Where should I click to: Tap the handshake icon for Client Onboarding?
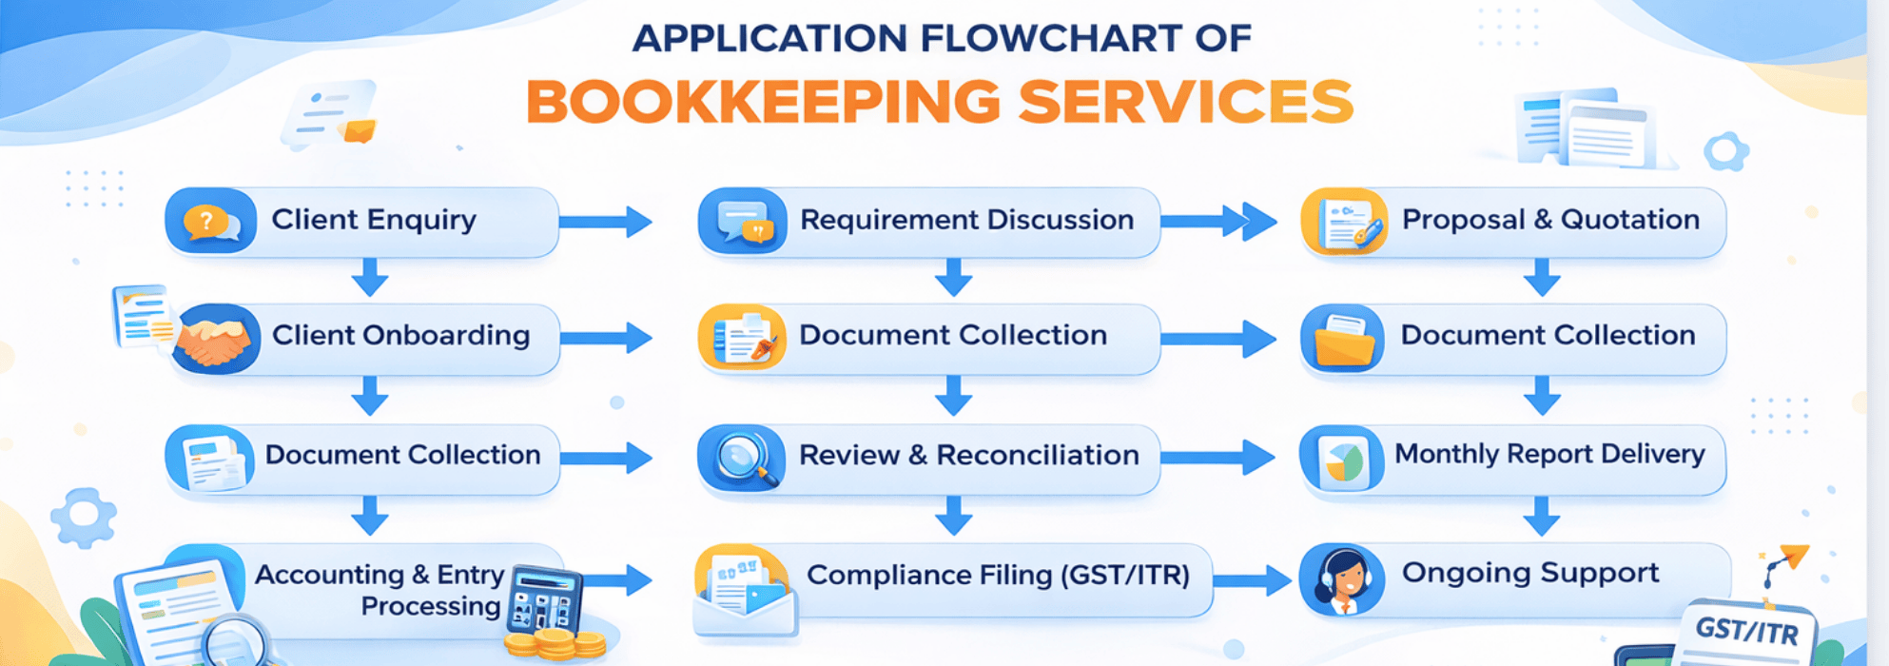click(x=215, y=339)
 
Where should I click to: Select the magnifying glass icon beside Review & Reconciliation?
click(x=743, y=458)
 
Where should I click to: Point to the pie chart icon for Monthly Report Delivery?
click(x=1342, y=460)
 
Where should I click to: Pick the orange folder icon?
click(x=1342, y=340)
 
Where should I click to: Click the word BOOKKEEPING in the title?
click(x=763, y=102)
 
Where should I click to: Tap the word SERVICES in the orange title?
click(x=1185, y=102)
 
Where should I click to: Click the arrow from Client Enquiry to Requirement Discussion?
click(x=605, y=222)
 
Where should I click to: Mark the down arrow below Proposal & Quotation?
click(x=1541, y=278)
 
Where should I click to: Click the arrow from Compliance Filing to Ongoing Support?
click(x=1253, y=579)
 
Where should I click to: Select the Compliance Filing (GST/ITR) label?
click(x=998, y=576)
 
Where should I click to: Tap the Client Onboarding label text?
click(x=400, y=336)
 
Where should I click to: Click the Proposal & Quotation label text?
click(x=1550, y=220)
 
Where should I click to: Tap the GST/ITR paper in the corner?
click(x=1746, y=632)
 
